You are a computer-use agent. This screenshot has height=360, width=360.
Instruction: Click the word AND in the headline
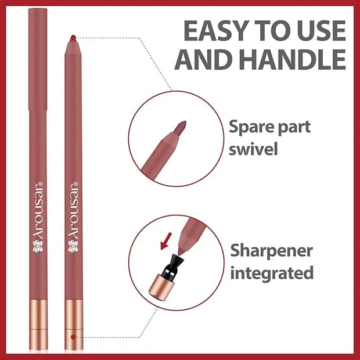pos(203,59)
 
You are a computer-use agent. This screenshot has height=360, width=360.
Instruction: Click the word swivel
pos(253,149)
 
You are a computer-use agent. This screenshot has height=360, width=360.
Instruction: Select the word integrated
pos(272,272)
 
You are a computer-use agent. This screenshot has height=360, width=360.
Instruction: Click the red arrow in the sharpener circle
pos(166,241)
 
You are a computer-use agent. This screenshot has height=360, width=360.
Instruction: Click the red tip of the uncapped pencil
pos(73,38)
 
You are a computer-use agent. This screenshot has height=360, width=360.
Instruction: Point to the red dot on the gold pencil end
pos(73,337)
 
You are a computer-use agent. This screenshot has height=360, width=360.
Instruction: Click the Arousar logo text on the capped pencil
pos(38,210)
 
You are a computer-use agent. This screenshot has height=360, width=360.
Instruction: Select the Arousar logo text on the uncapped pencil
pos(73,210)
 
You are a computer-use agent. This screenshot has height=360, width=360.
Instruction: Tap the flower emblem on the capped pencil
pos(38,246)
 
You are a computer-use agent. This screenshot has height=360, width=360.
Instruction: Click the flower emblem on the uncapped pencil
pos(73,246)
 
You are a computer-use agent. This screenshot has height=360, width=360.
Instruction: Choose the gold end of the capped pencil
pos(38,325)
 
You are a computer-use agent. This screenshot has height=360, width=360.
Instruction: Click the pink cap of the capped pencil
pos(38,59)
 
